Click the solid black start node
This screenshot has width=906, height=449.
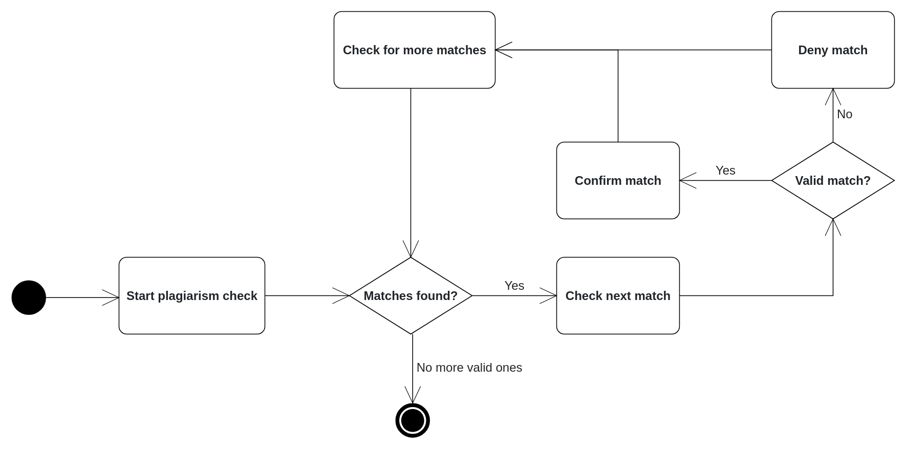(29, 297)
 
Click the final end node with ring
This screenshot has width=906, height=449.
(413, 420)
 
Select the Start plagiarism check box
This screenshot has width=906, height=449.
(192, 296)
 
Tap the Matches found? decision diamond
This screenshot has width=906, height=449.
(411, 296)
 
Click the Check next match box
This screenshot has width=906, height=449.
(618, 296)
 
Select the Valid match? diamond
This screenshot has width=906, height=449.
(833, 181)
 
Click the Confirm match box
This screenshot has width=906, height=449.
(618, 181)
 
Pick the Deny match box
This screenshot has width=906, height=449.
(833, 50)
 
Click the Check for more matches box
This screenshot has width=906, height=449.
(414, 50)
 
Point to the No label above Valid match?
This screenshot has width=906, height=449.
(845, 114)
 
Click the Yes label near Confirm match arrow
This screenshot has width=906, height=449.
(725, 170)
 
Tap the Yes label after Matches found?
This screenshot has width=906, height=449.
(514, 286)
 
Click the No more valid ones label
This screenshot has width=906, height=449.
(469, 368)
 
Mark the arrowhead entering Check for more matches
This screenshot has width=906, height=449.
(503, 50)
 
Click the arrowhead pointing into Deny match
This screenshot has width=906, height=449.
(833, 96)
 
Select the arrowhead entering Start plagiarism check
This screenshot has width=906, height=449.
(112, 297)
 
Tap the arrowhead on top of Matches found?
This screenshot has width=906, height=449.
(411, 250)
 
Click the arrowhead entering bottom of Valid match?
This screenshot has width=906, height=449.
(833, 227)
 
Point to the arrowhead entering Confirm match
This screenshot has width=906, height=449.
(687, 181)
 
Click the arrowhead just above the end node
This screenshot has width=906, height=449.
(413, 396)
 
